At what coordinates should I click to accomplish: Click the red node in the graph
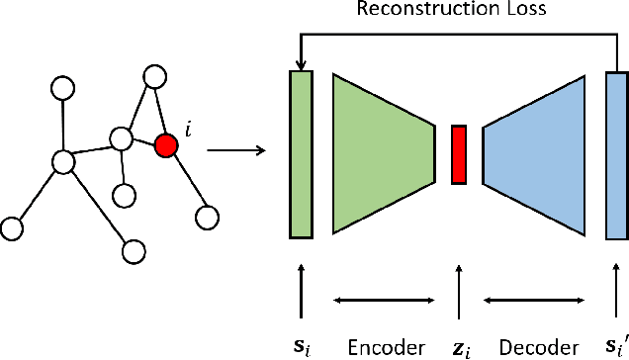pyautogui.click(x=166, y=147)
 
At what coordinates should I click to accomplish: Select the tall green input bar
pyautogui.click(x=301, y=154)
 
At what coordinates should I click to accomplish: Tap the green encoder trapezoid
pyautogui.click(x=381, y=154)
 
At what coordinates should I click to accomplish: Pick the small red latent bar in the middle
pyautogui.click(x=458, y=154)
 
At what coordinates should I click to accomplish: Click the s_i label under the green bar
pyautogui.click(x=302, y=346)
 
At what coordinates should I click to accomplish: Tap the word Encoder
pyautogui.click(x=387, y=346)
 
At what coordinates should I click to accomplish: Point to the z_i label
pyautogui.click(x=459, y=346)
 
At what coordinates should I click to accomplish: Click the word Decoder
pyautogui.click(x=538, y=346)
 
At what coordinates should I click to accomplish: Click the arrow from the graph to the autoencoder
pyautogui.click(x=236, y=151)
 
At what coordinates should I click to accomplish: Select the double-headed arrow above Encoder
pyautogui.click(x=386, y=300)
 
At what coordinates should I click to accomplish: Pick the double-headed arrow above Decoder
pyautogui.click(x=535, y=300)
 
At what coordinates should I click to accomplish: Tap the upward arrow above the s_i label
pyautogui.click(x=302, y=291)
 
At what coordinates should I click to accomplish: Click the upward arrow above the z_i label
pyautogui.click(x=459, y=291)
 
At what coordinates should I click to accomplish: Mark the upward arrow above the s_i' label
pyautogui.click(x=615, y=291)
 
